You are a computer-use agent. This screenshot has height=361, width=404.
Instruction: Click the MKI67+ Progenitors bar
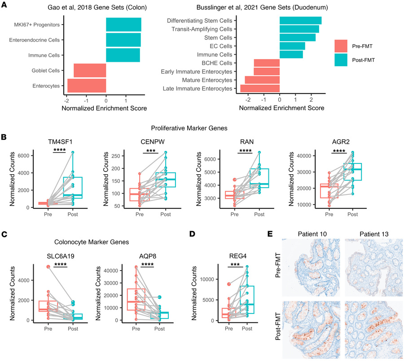(123, 25)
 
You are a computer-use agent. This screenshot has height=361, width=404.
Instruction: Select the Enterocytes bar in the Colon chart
(87, 85)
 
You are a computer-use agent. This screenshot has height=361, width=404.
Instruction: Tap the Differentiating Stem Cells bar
(300, 21)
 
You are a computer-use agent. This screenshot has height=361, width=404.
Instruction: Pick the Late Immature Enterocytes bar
(260, 88)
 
